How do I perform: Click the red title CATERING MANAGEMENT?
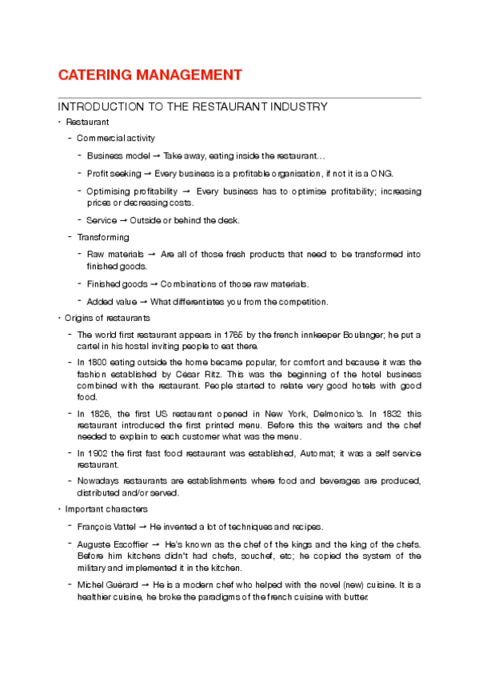(x=150, y=75)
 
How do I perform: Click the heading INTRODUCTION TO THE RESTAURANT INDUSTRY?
(x=193, y=106)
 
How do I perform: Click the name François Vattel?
(x=113, y=526)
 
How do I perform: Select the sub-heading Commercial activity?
(x=116, y=139)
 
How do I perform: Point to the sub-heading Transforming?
(x=103, y=237)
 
